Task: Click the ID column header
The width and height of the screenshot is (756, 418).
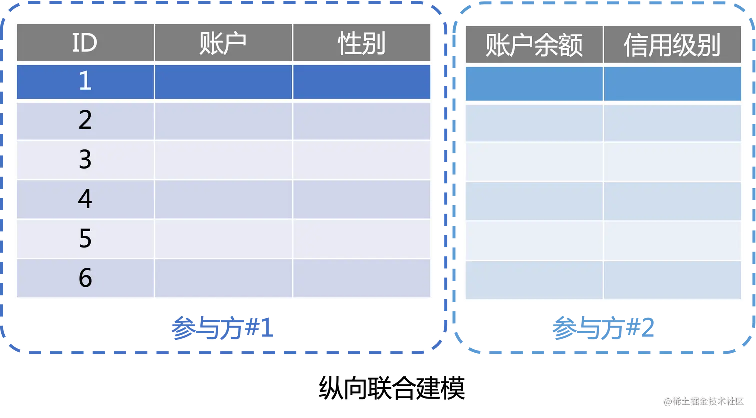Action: coord(85,43)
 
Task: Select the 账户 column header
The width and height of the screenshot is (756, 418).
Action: coord(223,43)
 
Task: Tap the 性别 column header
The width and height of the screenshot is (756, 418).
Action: coord(361,43)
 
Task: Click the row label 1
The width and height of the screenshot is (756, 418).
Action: coord(85,81)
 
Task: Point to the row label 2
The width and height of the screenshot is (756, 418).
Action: coord(85,121)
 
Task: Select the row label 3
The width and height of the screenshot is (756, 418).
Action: coord(85,160)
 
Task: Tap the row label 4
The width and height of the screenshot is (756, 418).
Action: coord(85,199)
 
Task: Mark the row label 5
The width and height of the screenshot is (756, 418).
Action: coord(85,239)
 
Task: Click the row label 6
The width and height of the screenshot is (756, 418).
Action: coord(85,278)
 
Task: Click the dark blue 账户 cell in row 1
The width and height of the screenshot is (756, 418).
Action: coord(223,81)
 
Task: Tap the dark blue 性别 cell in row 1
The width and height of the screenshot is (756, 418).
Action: coord(361,81)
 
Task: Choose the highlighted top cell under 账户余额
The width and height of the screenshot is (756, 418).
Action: coord(534,83)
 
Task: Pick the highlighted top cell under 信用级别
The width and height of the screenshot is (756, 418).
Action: coord(672,83)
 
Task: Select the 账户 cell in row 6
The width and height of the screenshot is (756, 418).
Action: coord(223,278)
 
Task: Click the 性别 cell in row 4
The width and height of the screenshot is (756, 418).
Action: coord(361,199)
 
